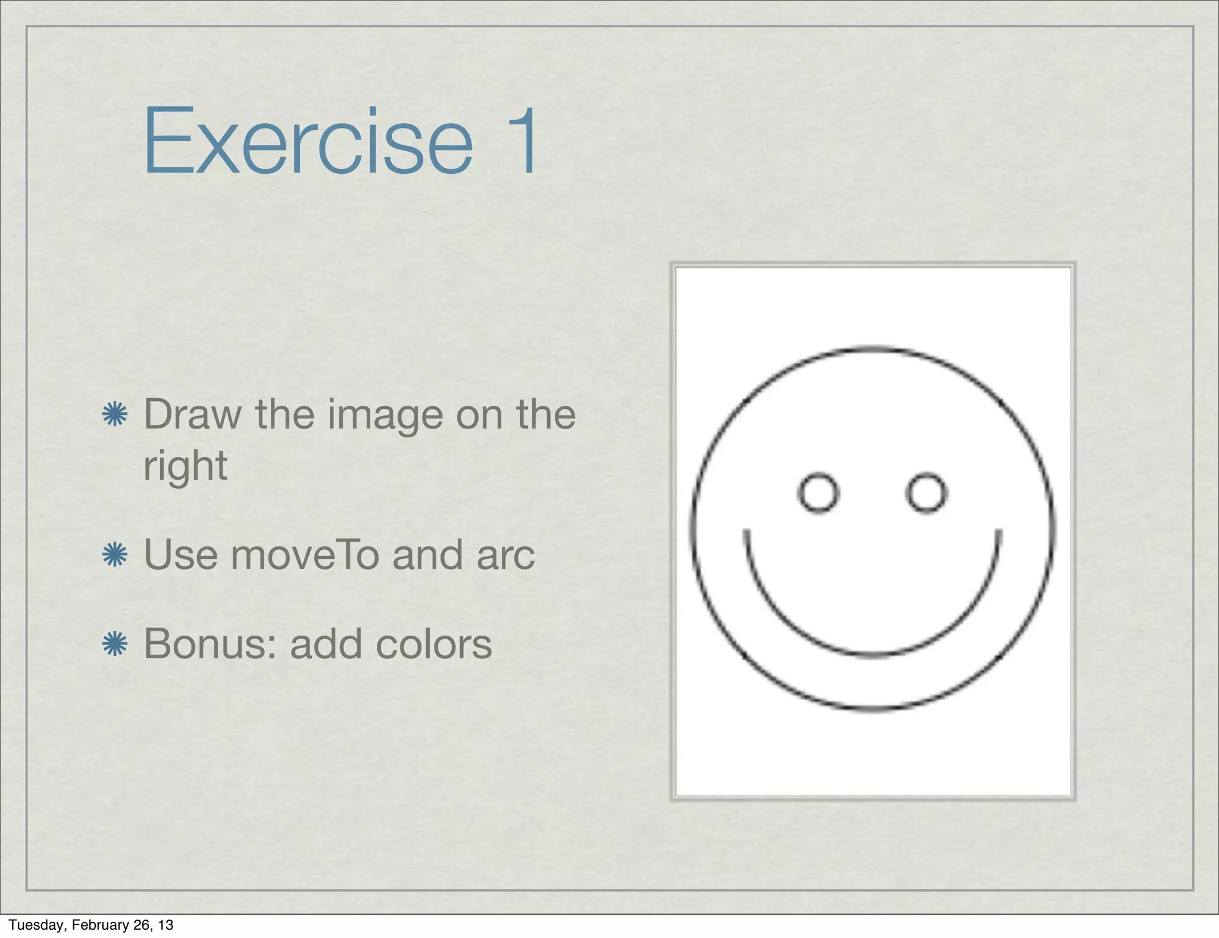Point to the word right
point(185,466)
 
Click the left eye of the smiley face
point(818,492)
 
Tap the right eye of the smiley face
point(926,492)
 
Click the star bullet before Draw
point(115,414)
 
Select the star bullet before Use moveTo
point(115,555)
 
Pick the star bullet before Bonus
point(115,644)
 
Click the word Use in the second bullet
point(180,555)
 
